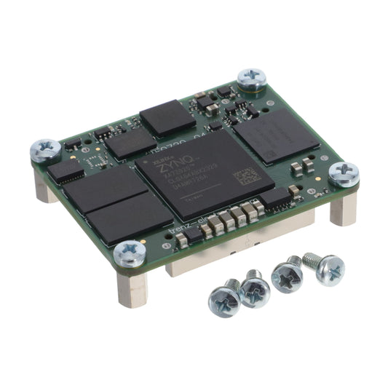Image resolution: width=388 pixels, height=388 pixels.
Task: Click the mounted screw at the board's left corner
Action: point(46,151)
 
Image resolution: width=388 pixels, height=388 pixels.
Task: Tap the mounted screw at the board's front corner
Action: point(130,254)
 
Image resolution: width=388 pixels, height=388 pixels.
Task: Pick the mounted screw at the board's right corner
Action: point(343,174)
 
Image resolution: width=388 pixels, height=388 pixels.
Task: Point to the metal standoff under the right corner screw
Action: point(341,207)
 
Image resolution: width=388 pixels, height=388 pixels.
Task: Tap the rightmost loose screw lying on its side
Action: point(323,268)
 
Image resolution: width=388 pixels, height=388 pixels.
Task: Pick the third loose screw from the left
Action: point(286,277)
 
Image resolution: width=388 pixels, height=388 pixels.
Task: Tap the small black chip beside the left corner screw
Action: point(66,170)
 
